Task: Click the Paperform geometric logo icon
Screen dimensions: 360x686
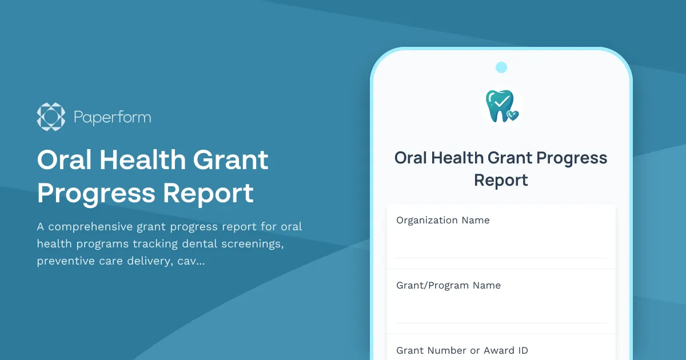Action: [51, 117]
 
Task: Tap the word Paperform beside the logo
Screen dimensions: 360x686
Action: [113, 118]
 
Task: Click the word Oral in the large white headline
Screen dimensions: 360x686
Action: [63, 160]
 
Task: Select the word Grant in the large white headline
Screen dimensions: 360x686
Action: [230, 160]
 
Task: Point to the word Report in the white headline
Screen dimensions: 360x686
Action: [208, 193]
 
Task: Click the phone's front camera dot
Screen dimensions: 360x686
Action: [501, 67]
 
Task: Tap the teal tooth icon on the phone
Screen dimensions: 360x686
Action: [500, 105]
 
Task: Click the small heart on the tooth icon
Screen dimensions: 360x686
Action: [513, 115]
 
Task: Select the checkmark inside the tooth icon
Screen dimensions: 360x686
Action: [501, 101]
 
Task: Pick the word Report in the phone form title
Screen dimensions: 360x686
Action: [501, 181]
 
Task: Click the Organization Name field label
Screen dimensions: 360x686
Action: [443, 220]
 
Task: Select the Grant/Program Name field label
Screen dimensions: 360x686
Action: [448, 285]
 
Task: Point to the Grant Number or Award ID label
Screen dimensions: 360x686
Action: [462, 350]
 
